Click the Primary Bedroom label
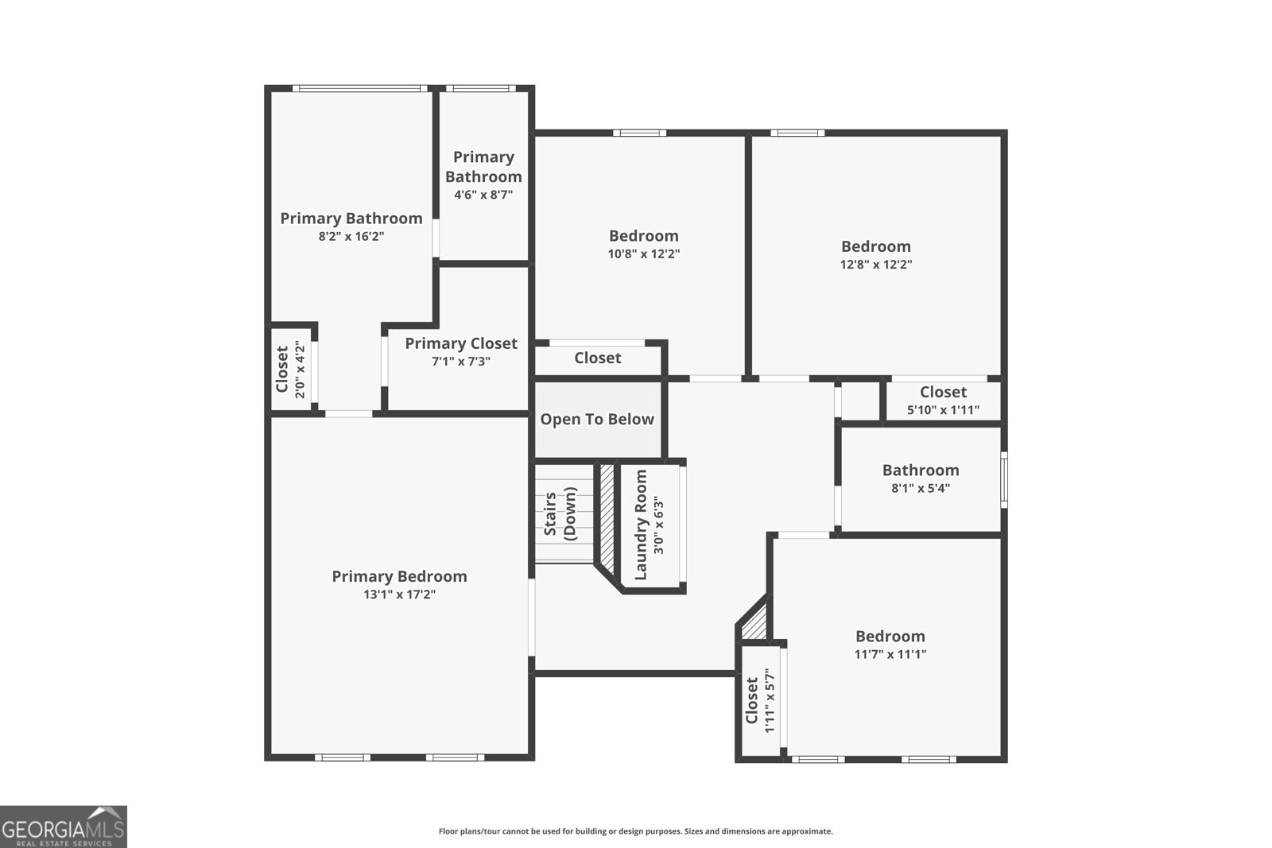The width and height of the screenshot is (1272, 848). pyautogui.click(x=399, y=576)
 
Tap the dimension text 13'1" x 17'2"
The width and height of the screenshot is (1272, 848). pyautogui.click(x=399, y=594)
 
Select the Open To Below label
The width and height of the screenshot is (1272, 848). pyautogui.click(x=597, y=420)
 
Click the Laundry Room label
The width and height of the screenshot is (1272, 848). pyautogui.click(x=641, y=525)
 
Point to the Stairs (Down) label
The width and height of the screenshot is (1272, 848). pyautogui.click(x=560, y=516)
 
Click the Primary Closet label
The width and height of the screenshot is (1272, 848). pyautogui.click(x=461, y=343)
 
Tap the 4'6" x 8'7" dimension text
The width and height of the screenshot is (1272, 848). pyautogui.click(x=483, y=194)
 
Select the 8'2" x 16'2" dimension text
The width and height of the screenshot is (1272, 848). pyautogui.click(x=351, y=236)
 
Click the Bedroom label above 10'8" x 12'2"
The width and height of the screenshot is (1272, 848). pyautogui.click(x=644, y=235)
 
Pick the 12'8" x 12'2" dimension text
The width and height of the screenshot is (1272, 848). pyautogui.click(x=876, y=265)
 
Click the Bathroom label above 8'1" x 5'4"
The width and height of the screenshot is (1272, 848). pyautogui.click(x=921, y=470)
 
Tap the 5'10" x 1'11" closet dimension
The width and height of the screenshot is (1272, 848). pyautogui.click(x=944, y=410)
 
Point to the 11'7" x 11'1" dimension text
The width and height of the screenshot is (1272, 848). pyautogui.click(x=890, y=655)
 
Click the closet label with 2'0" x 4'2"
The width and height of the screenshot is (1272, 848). pyautogui.click(x=282, y=369)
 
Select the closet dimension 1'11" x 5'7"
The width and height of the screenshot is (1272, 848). pyautogui.click(x=770, y=700)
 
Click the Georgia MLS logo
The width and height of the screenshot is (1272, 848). pyautogui.click(x=64, y=827)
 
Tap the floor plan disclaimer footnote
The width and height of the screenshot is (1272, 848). pyautogui.click(x=636, y=831)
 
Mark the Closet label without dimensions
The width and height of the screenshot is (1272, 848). pyautogui.click(x=598, y=358)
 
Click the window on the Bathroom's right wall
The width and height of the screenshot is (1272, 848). pyautogui.click(x=1004, y=478)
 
